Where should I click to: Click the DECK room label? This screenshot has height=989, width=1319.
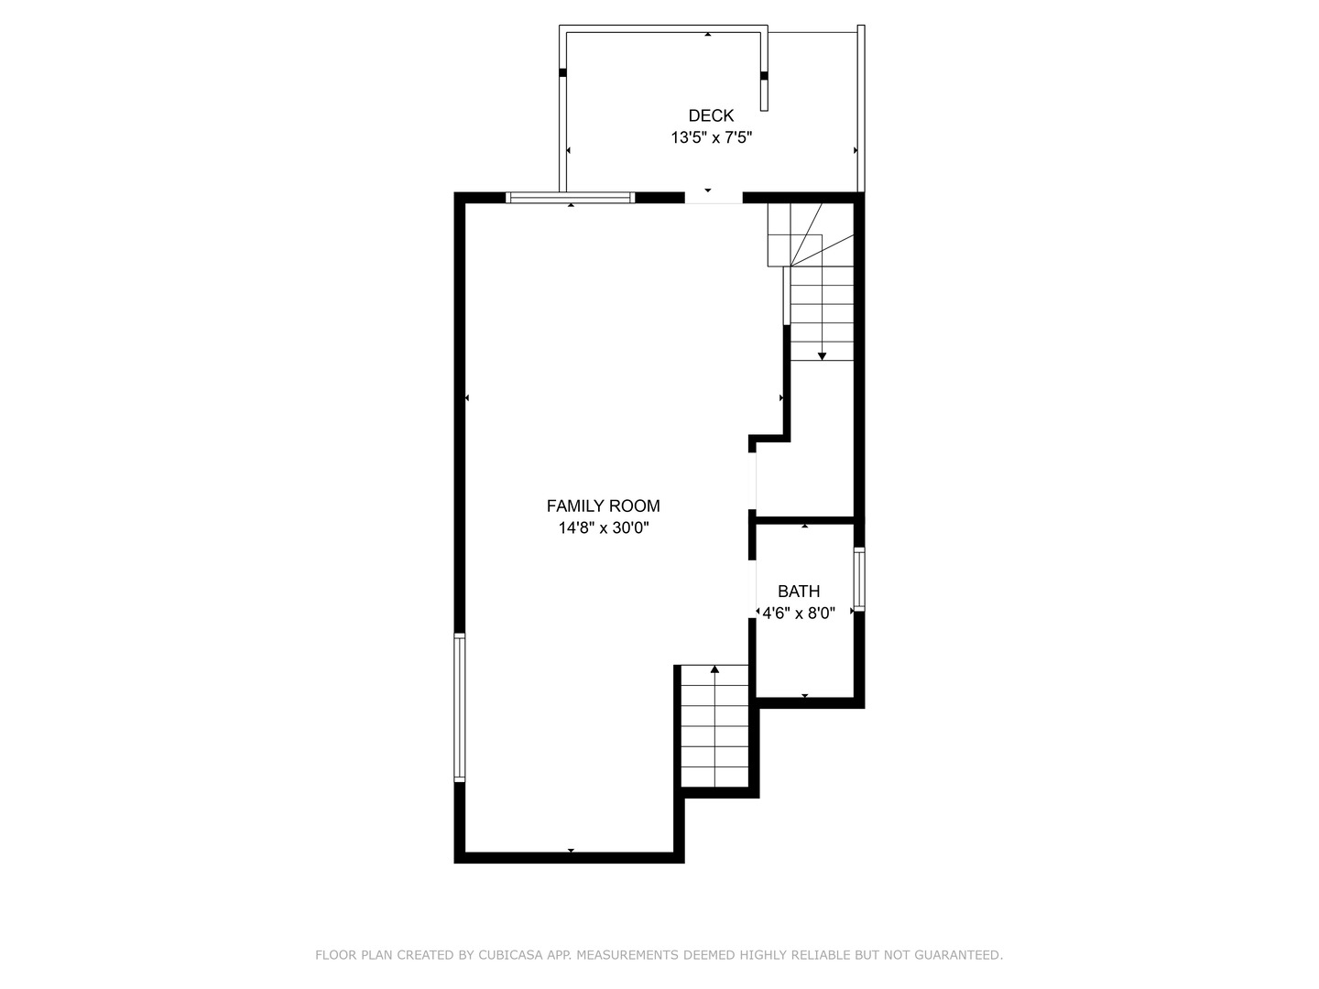[711, 115]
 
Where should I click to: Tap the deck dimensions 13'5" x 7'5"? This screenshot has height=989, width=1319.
[711, 138]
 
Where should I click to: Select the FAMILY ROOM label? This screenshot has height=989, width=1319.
[603, 505]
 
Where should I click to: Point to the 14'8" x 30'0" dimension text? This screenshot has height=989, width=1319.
[603, 527]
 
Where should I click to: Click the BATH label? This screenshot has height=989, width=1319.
[799, 592]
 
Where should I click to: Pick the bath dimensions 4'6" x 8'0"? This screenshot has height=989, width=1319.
[799, 614]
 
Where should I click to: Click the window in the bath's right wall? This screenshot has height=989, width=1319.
[858, 580]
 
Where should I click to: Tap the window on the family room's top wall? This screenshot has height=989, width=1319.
[570, 197]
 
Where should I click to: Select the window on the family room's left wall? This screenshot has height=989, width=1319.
[460, 707]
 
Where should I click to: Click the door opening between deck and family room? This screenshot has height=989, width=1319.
[713, 197]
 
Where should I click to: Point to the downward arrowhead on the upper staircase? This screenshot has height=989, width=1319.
[823, 355]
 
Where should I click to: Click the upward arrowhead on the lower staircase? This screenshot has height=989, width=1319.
[714, 669]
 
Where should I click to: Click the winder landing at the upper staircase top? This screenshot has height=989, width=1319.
[811, 234]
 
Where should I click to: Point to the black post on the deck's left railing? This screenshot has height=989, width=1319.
[562, 72]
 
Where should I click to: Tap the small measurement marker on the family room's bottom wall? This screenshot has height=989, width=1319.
[571, 851]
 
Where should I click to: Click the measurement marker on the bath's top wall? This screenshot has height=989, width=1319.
[804, 526]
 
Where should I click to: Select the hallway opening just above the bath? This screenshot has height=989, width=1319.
[754, 481]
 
